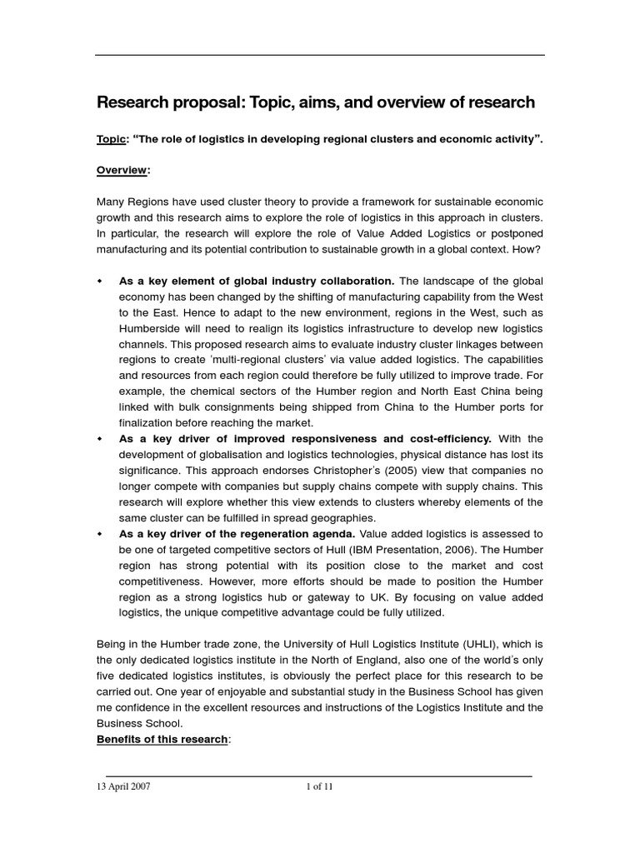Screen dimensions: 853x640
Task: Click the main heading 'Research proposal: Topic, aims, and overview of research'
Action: [316, 102]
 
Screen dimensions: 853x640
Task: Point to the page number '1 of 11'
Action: [320, 787]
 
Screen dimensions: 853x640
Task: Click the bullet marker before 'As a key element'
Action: [101, 282]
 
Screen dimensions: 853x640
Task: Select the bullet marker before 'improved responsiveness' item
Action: [101, 439]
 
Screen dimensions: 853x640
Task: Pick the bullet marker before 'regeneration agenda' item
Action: [101, 533]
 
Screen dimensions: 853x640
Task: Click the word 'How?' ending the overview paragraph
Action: [528, 248]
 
